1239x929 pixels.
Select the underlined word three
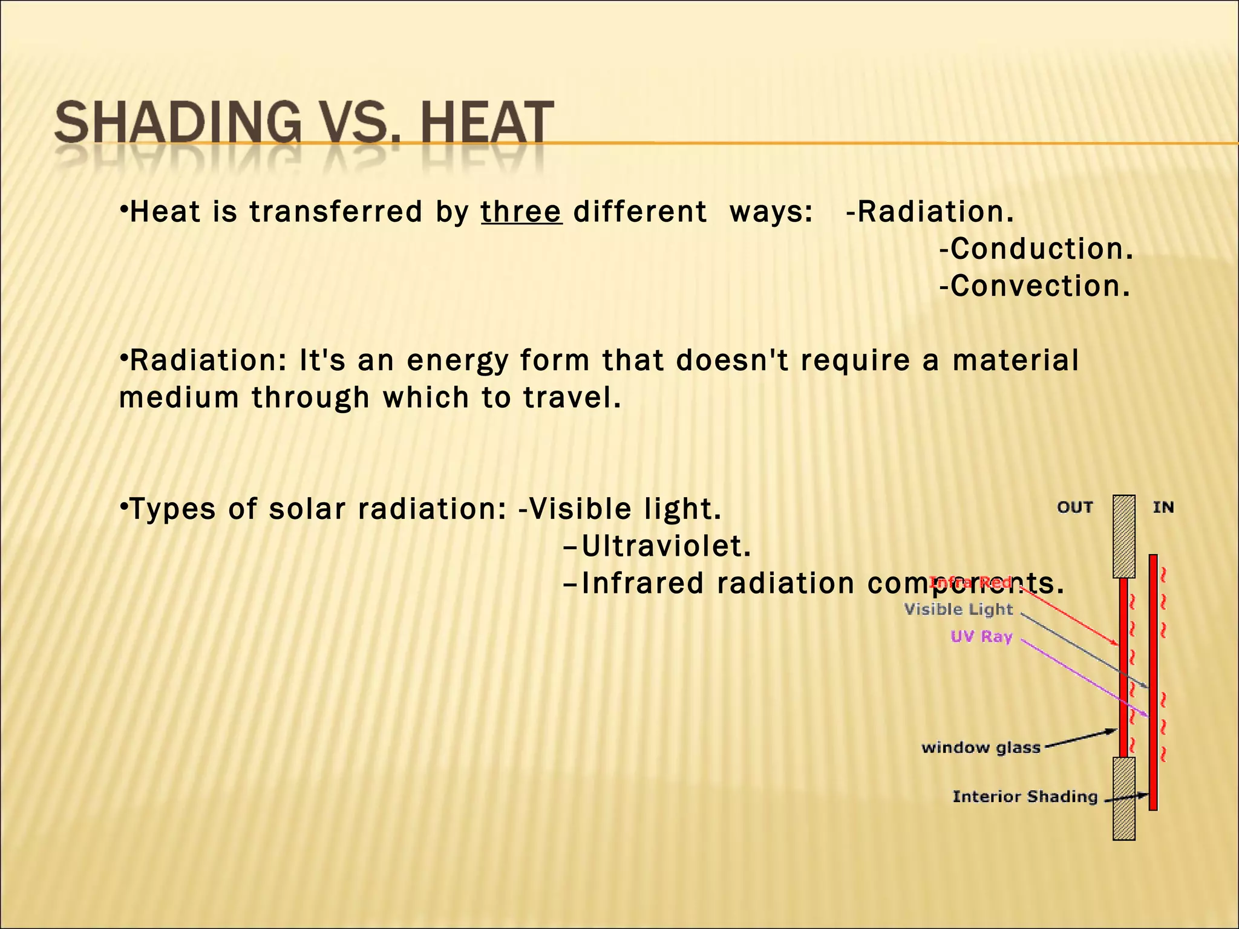click(x=521, y=212)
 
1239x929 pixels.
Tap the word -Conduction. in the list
click(x=1036, y=249)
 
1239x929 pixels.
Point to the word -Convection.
click(x=1035, y=286)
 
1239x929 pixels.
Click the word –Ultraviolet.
click(x=657, y=546)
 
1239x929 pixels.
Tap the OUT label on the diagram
click(x=1075, y=507)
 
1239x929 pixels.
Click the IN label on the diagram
click(x=1163, y=507)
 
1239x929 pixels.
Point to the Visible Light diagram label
click(x=958, y=609)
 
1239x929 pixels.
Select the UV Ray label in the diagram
click(x=981, y=636)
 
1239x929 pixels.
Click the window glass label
click(x=981, y=748)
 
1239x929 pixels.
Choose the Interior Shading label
click(x=1025, y=797)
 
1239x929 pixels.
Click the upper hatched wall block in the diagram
click(x=1123, y=536)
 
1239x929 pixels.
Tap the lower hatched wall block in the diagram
click(x=1123, y=798)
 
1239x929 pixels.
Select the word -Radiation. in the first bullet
click(x=929, y=212)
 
